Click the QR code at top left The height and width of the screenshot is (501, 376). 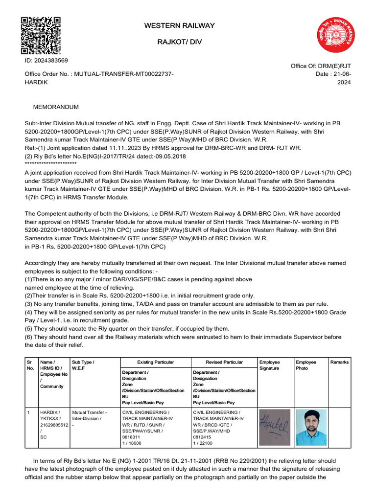point(41,35)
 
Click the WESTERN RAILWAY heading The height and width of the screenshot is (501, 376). point(179,25)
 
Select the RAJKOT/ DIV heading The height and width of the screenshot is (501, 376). point(179,42)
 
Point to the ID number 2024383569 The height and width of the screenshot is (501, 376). point(47,60)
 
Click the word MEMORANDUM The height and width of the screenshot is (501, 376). point(55,107)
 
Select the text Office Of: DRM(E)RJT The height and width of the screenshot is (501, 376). point(321,66)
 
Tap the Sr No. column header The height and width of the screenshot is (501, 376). point(30,365)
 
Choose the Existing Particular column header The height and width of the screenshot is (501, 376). point(155,362)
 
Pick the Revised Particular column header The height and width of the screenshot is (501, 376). point(224,362)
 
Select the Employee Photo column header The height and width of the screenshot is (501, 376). point(306,365)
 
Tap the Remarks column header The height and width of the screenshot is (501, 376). point(339,362)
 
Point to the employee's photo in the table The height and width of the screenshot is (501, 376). point(310,427)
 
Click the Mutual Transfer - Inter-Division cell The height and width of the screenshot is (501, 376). point(89,415)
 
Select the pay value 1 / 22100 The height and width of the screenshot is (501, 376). point(203,443)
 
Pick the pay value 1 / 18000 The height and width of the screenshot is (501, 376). point(132,443)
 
